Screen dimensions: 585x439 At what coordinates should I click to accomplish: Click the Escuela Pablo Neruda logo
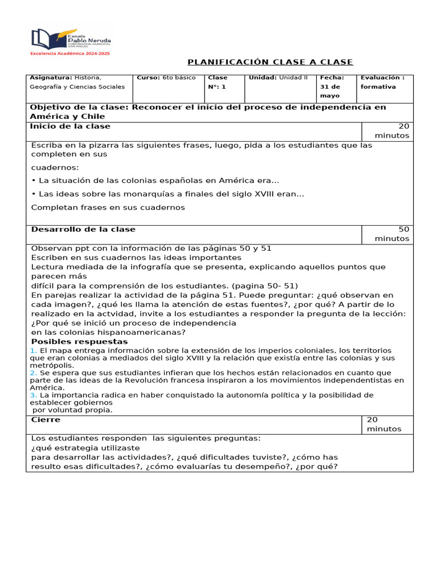pyautogui.click(x=70, y=39)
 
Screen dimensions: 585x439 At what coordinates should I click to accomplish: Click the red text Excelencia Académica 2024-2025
pyautogui.click(x=70, y=53)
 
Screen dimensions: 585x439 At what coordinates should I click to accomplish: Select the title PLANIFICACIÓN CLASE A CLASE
pyautogui.click(x=270, y=62)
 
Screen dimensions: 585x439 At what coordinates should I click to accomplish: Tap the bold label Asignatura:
pyautogui.click(x=51, y=78)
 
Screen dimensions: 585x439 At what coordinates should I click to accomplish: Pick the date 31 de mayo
pyautogui.click(x=330, y=91)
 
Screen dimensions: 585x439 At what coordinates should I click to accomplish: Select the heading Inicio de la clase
pyautogui.click(x=70, y=126)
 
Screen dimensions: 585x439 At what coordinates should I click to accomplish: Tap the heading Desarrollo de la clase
pyautogui.click(x=83, y=229)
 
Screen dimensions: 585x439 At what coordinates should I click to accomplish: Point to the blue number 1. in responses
pyautogui.click(x=33, y=350)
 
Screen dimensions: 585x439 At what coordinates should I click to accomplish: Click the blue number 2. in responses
pyautogui.click(x=33, y=372)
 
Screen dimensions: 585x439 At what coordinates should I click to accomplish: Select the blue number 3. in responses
pyautogui.click(x=33, y=395)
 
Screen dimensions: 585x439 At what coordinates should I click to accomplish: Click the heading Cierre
pyautogui.click(x=45, y=420)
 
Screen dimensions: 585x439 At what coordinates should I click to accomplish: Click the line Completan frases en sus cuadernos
pyautogui.click(x=108, y=207)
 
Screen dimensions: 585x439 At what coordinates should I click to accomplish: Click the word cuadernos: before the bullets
pyautogui.click(x=55, y=167)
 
